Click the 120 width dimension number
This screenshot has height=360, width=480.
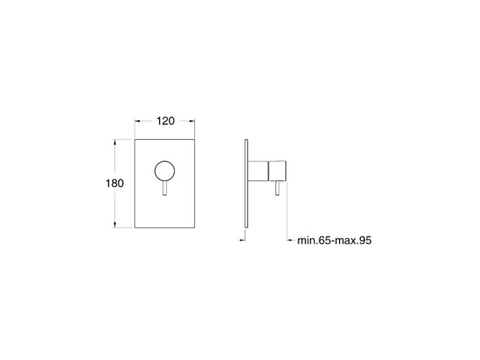(x=166, y=121)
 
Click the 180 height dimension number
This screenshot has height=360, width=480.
(x=115, y=183)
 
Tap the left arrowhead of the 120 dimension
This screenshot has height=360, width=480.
(x=137, y=121)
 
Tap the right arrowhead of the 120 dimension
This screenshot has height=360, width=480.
(x=192, y=121)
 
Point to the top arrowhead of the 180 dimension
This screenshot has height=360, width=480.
(x=115, y=142)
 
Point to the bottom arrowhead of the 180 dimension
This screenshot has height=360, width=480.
(x=115, y=225)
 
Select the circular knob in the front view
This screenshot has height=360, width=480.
(x=165, y=171)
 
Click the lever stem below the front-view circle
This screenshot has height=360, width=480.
(x=165, y=188)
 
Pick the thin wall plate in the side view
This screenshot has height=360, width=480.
(x=246, y=184)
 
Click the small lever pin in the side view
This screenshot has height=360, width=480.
(x=277, y=188)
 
